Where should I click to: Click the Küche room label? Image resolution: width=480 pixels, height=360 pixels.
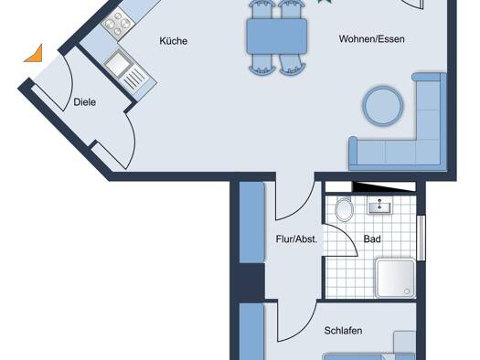pyautogui.click(x=174, y=41)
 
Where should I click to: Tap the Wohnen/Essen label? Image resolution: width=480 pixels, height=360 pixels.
pyautogui.click(x=371, y=39)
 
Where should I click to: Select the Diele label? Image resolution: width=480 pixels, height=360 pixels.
pyautogui.click(x=85, y=102)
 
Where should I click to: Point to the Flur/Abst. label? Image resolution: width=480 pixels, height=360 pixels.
pyautogui.click(x=296, y=238)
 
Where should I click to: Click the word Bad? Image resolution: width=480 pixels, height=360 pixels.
pyautogui.click(x=372, y=238)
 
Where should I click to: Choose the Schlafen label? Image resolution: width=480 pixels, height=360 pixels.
pyautogui.click(x=343, y=331)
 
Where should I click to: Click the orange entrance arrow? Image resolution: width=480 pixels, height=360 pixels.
pyautogui.click(x=34, y=54)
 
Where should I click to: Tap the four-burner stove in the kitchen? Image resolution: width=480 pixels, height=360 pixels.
pyautogui.click(x=118, y=24)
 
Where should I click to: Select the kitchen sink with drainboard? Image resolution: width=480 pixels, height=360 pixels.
pyautogui.click(x=125, y=70)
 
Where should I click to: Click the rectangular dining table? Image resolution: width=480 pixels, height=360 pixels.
pyautogui.click(x=277, y=37)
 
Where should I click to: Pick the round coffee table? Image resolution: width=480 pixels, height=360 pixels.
pyautogui.click(x=383, y=106)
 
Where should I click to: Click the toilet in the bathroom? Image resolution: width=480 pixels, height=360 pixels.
pyautogui.click(x=344, y=209)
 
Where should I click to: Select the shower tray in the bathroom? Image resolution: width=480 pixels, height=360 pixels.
pyautogui.click(x=396, y=278)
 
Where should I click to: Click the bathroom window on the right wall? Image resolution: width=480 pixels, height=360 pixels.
pyautogui.click(x=421, y=238)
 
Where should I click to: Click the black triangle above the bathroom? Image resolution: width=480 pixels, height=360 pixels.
pyautogui.click(x=383, y=186)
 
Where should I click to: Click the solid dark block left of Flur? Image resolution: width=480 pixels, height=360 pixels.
pyautogui.click(x=251, y=281)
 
